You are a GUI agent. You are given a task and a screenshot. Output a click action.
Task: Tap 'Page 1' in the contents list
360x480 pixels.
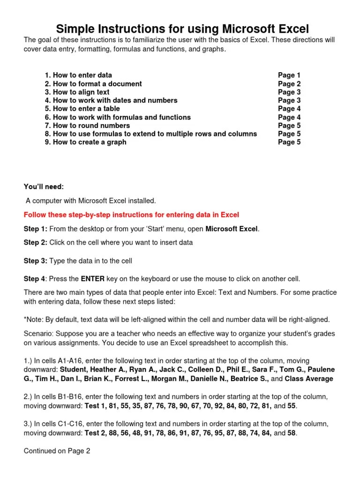[289, 75]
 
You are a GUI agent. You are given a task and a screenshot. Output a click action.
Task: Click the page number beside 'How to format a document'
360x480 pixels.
[289, 83]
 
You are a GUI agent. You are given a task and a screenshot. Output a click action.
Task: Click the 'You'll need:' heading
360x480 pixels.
[44, 187]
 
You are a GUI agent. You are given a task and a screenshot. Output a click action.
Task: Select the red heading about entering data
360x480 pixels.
[131, 215]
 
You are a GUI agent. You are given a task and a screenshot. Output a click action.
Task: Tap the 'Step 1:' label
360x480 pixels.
[35, 229]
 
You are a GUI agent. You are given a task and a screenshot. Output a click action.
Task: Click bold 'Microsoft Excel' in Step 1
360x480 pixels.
[232, 229]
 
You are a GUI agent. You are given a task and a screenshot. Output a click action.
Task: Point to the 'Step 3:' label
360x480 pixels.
[35, 261]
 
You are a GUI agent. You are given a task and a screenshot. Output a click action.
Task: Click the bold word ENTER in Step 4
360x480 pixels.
[92, 279]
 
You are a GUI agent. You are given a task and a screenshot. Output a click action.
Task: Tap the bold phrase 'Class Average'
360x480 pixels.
[309, 379]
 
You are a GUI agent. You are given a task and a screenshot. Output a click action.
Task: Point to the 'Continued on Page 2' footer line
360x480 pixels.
[57, 451]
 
